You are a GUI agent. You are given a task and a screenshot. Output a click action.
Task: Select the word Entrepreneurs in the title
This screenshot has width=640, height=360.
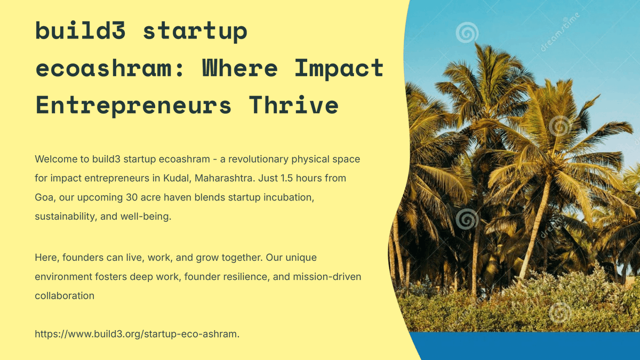pyautogui.click(x=134, y=105)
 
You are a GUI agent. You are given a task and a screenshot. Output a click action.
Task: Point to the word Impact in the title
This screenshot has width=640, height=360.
pyautogui.click(x=339, y=68)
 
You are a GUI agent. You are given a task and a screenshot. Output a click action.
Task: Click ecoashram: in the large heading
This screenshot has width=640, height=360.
pyautogui.click(x=110, y=68)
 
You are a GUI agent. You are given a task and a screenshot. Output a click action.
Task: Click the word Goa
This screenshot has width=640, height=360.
pyautogui.click(x=44, y=197)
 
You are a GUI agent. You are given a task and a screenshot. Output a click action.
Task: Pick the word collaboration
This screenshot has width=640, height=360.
pyautogui.click(x=65, y=295)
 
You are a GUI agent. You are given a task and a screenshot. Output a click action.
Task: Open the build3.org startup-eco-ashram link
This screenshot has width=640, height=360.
pyautogui.click(x=137, y=334)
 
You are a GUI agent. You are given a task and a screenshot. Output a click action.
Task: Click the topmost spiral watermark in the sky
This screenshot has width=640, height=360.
pyautogui.click(x=467, y=33)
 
